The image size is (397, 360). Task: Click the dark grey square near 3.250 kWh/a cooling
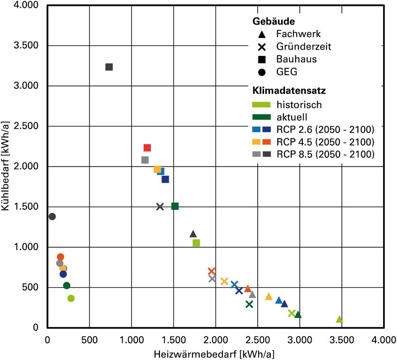tap(109, 67)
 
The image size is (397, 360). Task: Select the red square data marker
tap(147, 148)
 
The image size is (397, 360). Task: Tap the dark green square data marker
tap(175, 206)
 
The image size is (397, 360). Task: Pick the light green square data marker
tap(196, 243)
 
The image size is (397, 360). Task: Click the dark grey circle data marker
tap(52, 217)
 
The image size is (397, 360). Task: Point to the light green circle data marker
tap(71, 298)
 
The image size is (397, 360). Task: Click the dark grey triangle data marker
tap(193, 234)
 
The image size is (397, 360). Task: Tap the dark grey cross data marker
tap(160, 207)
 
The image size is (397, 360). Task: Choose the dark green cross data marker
tap(249, 304)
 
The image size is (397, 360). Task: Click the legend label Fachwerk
tap(298, 34)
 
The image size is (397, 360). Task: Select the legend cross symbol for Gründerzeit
tap(262, 47)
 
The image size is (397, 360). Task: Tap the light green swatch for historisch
tap(262, 105)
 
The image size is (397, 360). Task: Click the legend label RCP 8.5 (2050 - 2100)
tap(326, 154)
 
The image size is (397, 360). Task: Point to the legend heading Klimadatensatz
tap(289, 91)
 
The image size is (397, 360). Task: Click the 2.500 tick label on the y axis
tap(26, 126)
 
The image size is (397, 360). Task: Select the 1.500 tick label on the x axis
tap(173, 340)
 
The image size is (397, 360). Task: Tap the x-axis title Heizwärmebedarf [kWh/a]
tap(214, 354)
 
